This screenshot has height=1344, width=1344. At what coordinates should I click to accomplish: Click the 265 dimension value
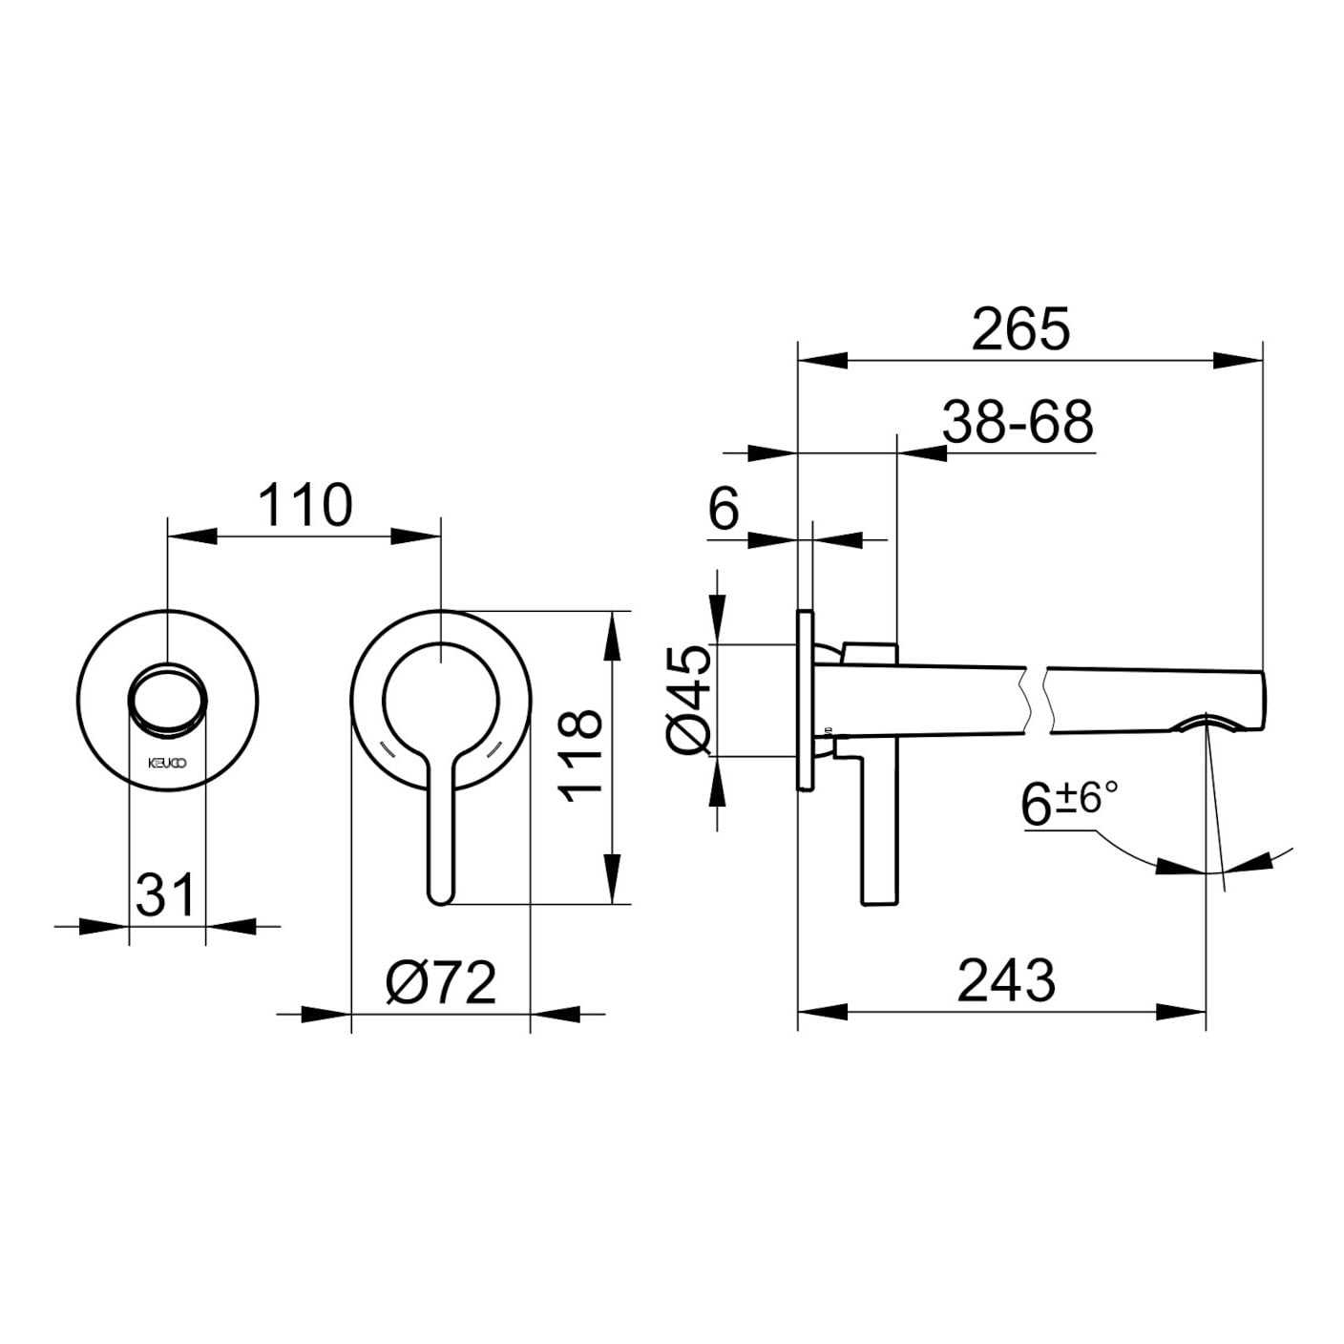point(1019,329)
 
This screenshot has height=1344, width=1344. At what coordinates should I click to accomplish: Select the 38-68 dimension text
point(1018,423)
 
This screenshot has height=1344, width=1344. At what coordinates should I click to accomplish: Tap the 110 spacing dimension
point(305,506)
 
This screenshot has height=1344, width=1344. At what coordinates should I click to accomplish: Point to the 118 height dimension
point(579,756)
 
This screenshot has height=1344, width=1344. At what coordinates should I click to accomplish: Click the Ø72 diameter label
point(441,983)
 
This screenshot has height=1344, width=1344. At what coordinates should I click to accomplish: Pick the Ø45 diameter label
point(688,700)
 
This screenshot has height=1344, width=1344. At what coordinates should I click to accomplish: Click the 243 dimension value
point(1006,981)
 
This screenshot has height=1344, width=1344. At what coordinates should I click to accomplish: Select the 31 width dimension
point(164,895)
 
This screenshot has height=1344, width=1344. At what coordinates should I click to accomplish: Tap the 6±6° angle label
point(1069,803)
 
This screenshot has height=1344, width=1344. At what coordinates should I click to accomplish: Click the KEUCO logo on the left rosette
point(167,764)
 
